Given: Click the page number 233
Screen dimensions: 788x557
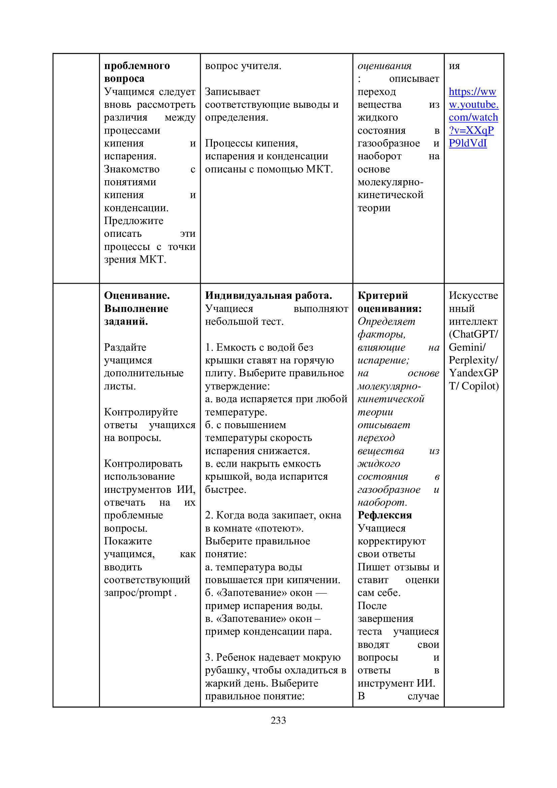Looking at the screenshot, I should tap(278, 720).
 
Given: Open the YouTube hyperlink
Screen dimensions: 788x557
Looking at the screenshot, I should tap(473, 117).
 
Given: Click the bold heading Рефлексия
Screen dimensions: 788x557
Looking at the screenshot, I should tap(385, 515).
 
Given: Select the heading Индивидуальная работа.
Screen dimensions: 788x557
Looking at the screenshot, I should tap(268, 295).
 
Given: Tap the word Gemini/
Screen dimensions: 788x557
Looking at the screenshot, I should tap(467, 347).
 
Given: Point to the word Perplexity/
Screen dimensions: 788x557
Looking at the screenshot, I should tap(473, 360).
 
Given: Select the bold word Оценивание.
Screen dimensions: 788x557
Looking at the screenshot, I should tap(137, 295).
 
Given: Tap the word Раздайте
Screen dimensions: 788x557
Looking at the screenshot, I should tap(125, 347).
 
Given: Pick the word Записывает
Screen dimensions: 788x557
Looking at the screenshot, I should tap(233, 92).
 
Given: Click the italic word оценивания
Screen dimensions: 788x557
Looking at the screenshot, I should tap(385, 66).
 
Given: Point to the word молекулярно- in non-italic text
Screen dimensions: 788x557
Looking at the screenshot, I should tap(390, 182).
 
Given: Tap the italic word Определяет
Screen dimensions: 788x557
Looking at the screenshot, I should tap(386, 322).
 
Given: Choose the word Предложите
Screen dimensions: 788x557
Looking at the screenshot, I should tap(134, 221).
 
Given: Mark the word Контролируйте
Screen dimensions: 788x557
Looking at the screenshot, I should tap(141, 412).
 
